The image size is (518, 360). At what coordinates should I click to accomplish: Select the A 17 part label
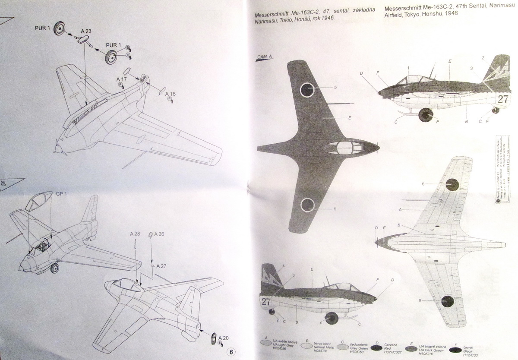[x=121, y=80]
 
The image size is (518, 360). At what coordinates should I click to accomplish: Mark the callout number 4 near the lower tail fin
[x=284, y=265]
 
